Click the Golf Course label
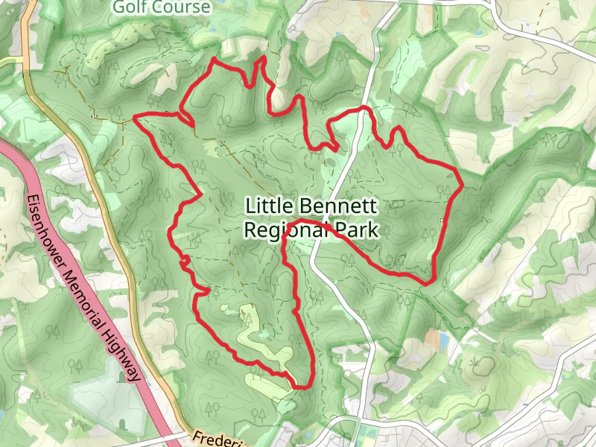(x=162, y=7)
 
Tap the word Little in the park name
(x=270, y=206)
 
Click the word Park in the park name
(x=357, y=230)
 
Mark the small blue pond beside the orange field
(x=445, y=340)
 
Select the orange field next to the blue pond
(x=433, y=339)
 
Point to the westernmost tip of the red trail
(x=134, y=117)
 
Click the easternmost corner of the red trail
(x=461, y=183)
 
